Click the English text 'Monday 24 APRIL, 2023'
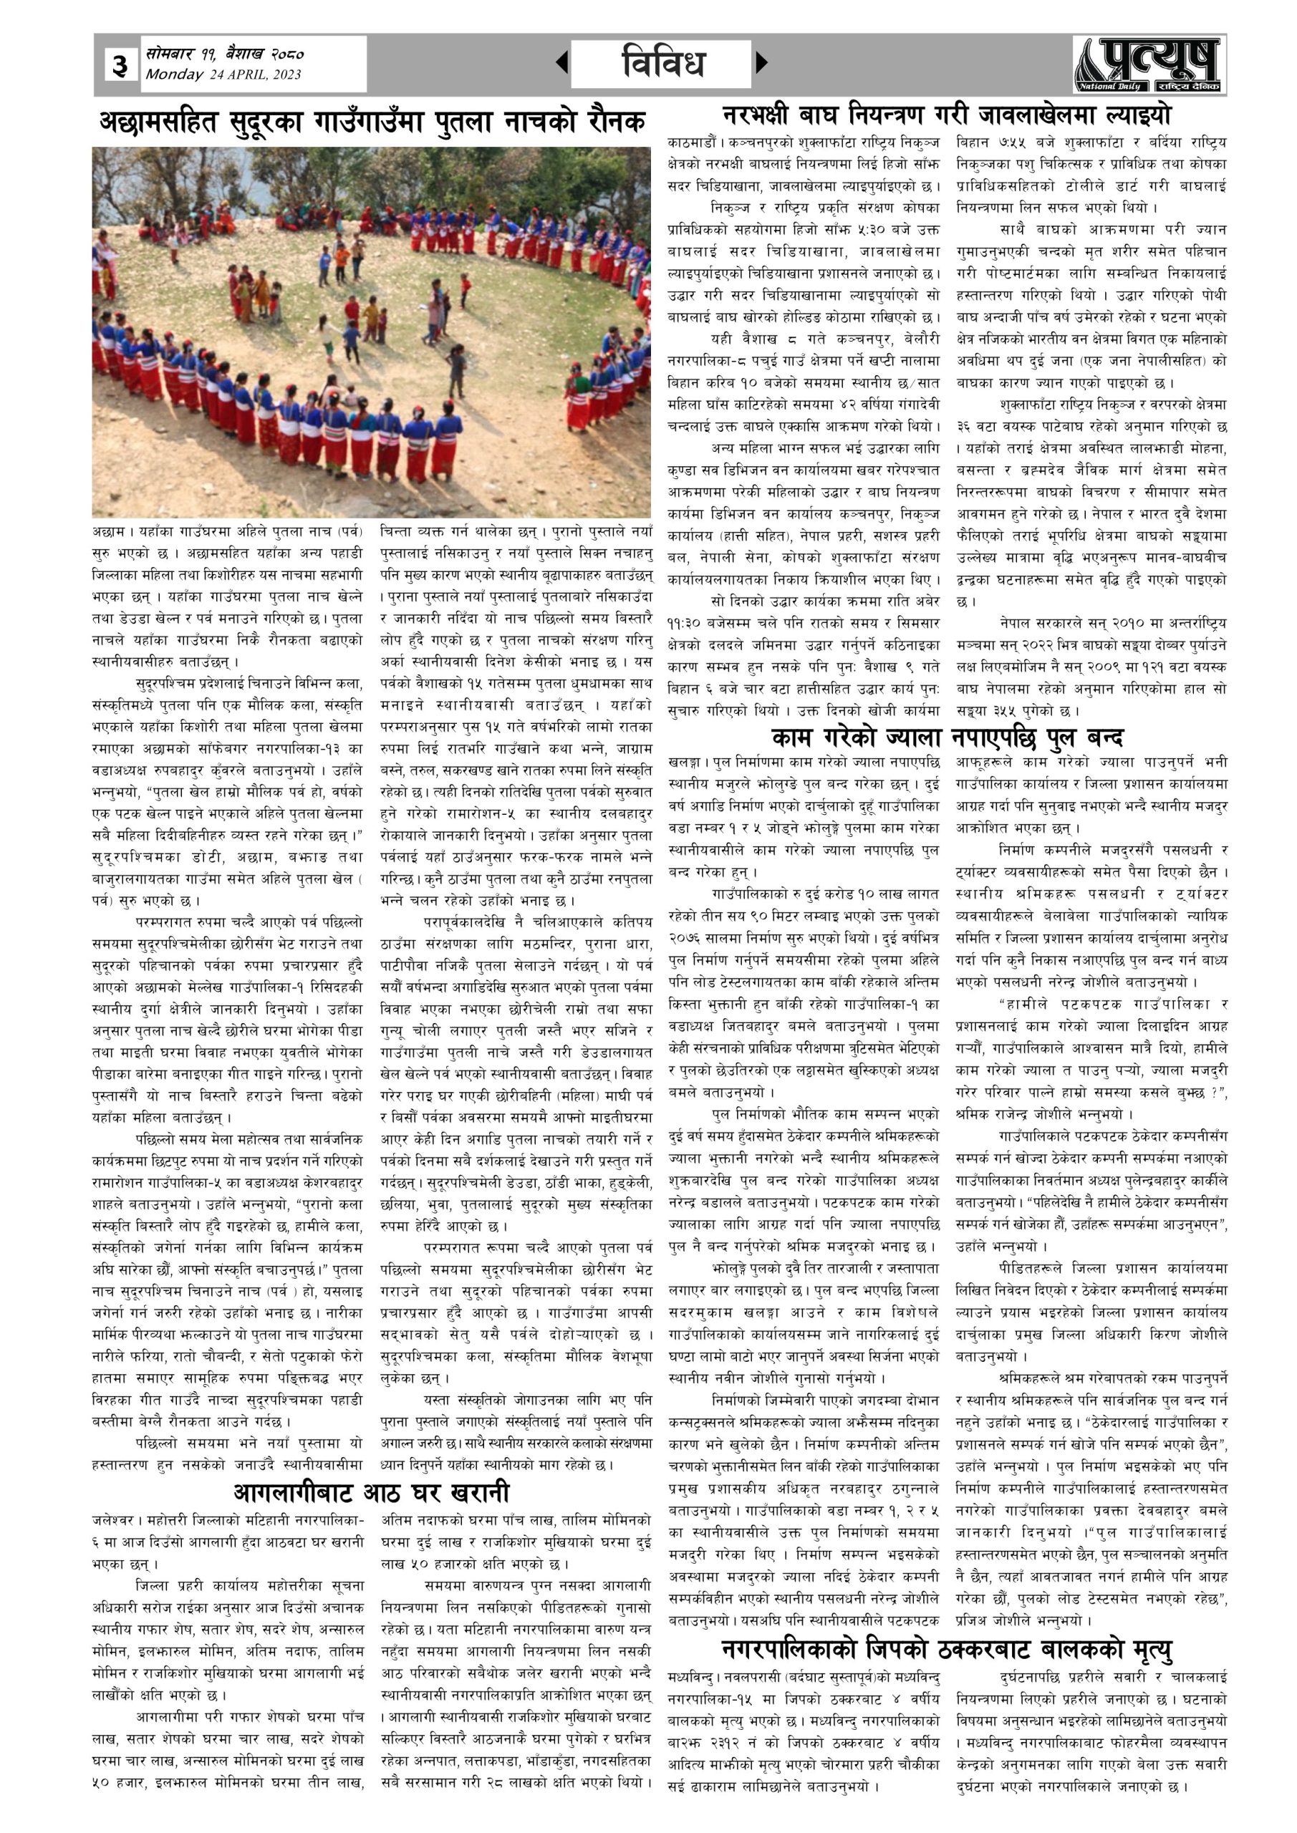coord(223,74)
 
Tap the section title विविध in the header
coord(661,62)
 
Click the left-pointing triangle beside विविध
coord(562,62)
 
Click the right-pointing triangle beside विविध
coord(761,62)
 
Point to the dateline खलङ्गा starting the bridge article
coord(687,763)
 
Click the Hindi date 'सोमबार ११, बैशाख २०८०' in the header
coord(224,54)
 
